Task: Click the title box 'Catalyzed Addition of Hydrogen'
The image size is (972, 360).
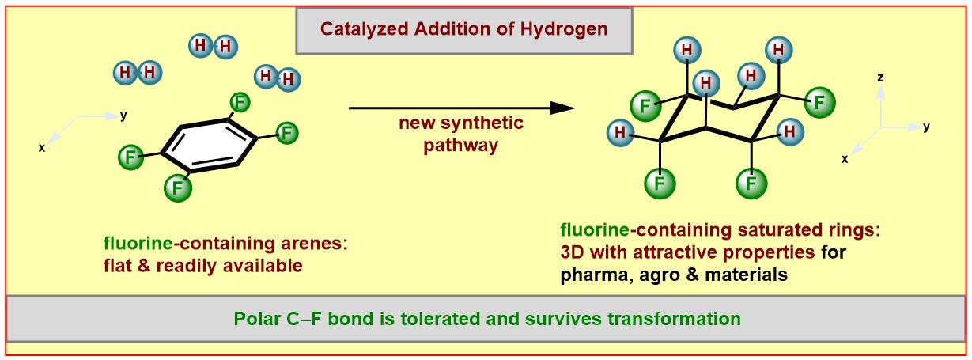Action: coord(463,31)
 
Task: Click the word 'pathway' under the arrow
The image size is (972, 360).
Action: coord(461,145)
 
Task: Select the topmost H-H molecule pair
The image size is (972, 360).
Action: coord(213,46)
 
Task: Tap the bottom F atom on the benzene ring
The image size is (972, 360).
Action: coord(177,188)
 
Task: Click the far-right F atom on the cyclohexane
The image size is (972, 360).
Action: coord(819,101)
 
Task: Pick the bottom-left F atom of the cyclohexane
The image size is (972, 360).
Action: coord(659,184)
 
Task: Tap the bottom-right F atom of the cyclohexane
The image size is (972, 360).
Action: coord(751,184)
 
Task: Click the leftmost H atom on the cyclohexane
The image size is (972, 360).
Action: coord(622,131)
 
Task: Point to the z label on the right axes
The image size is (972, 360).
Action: coord(880,78)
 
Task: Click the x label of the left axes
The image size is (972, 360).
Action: coord(41,147)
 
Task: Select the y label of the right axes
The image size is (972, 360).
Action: coord(926,126)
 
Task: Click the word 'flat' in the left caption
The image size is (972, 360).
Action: coord(116,265)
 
